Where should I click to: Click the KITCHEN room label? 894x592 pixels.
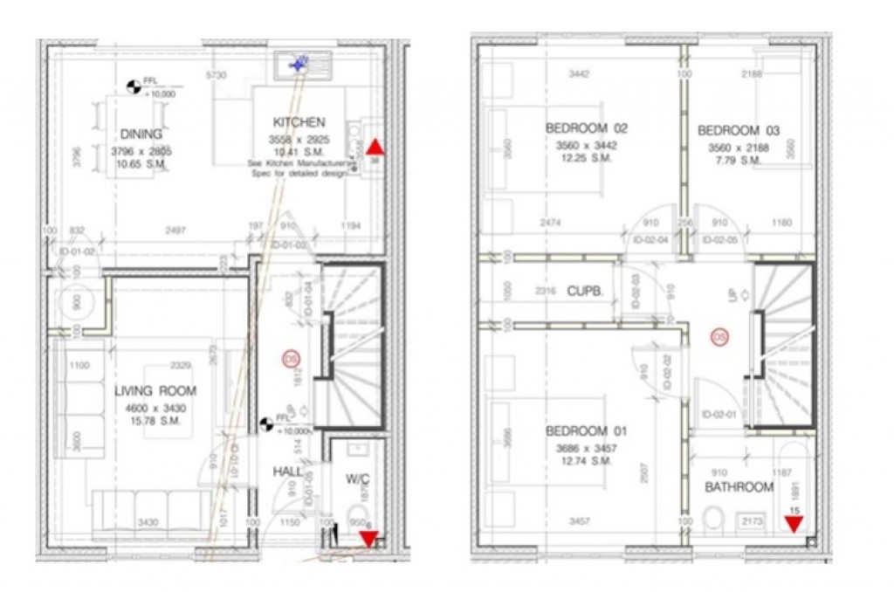coord(299,122)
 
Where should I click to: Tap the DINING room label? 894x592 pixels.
coord(141,134)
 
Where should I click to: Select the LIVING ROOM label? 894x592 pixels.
coord(155,391)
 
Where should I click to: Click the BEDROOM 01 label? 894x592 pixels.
coord(586,432)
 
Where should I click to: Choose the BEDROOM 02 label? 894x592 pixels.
coord(586,128)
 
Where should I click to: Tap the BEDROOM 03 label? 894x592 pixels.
coord(739,131)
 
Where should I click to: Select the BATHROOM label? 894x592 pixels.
coord(739,487)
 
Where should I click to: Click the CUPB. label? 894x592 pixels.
coord(584,291)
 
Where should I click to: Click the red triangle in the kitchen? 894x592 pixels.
coord(375,147)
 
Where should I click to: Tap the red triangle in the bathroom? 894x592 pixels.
coord(794,524)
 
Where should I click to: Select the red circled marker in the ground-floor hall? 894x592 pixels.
coord(290,358)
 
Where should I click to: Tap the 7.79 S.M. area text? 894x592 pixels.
coord(739,161)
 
